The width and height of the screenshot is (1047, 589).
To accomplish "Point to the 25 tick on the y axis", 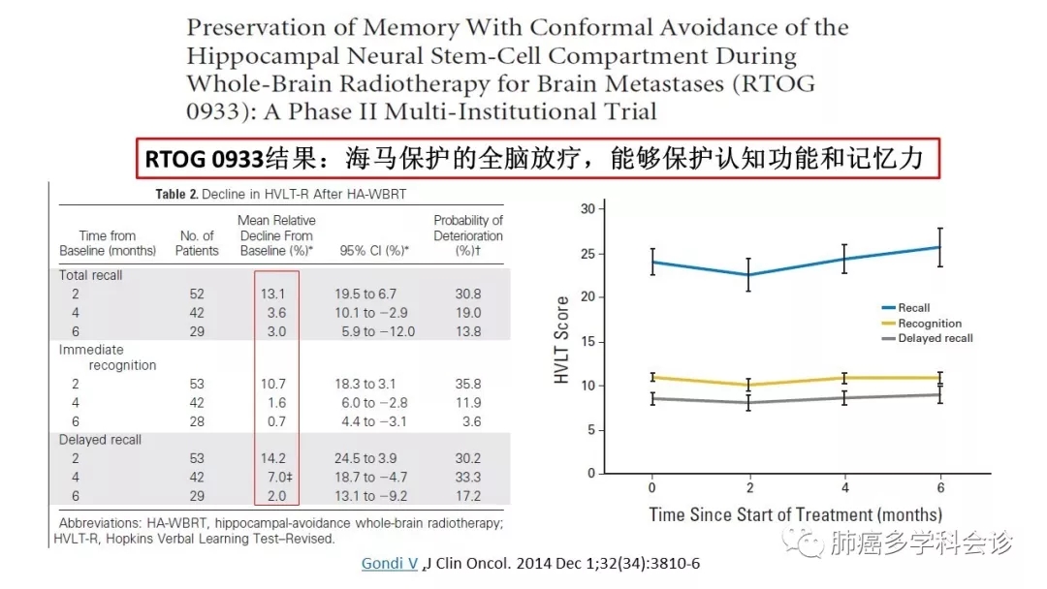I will tap(587, 254).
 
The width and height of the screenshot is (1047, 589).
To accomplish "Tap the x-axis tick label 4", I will tap(844, 489).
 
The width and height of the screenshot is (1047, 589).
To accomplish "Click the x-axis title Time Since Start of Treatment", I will tap(795, 514).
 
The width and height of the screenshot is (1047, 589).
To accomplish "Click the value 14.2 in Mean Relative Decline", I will tap(275, 458).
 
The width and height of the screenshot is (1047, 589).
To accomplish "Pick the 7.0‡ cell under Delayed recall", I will tap(277, 477).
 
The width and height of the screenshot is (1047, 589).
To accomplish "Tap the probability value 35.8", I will tap(468, 385).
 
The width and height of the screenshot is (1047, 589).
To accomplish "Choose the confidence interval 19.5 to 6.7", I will tap(373, 294).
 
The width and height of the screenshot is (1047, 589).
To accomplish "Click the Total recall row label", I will tap(91, 275).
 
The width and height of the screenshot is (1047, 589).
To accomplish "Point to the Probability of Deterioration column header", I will tap(468, 235).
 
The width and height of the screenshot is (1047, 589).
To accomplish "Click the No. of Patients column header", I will tap(197, 243).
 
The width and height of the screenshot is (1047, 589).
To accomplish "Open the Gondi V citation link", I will tap(390, 564).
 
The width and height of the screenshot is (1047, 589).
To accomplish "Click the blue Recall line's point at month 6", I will tap(939, 247).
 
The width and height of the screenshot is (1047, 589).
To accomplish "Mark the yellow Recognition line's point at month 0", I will tap(652, 377).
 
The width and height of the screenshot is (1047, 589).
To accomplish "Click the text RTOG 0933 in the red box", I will tap(205, 159).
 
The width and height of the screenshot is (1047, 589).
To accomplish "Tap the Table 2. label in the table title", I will tap(176, 194).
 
